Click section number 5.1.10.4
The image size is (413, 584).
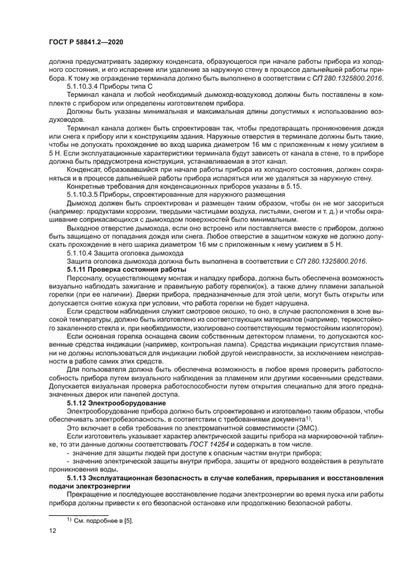[x=79, y=254]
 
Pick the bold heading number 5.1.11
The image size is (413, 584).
[x=77, y=269]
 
